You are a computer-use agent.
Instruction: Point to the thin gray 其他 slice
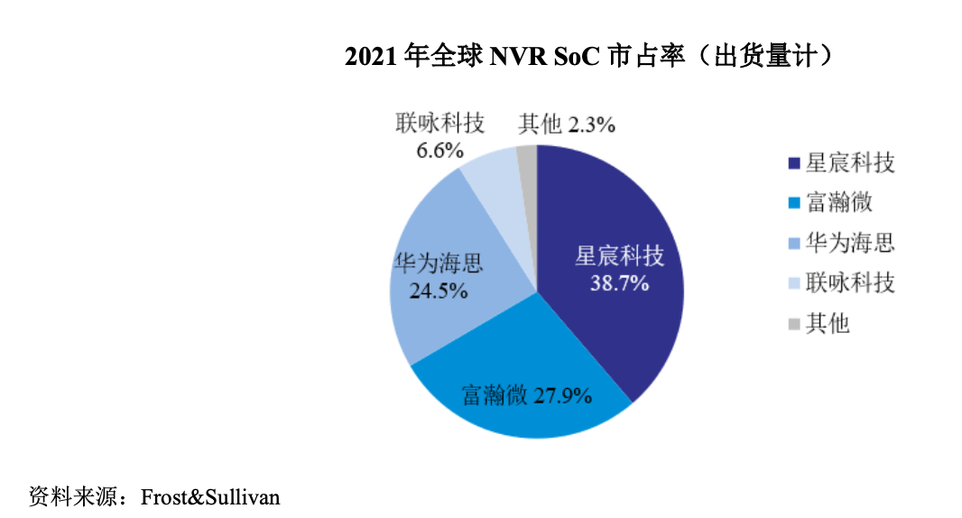(x=528, y=159)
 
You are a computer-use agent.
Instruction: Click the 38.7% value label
(x=619, y=283)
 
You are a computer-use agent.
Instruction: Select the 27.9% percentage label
(x=562, y=395)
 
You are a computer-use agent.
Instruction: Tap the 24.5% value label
(x=438, y=291)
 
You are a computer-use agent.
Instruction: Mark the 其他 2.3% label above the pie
(x=567, y=125)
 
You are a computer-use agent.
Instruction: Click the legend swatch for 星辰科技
(x=794, y=163)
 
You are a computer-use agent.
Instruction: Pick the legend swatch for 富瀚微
(x=794, y=203)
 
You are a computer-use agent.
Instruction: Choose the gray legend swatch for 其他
(x=794, y=323)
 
